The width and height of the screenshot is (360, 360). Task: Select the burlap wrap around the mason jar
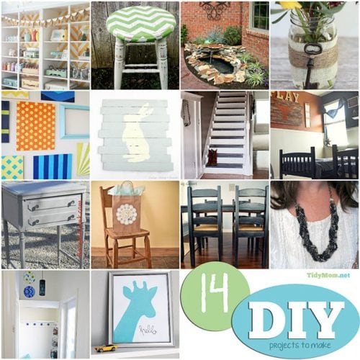click(315, 51)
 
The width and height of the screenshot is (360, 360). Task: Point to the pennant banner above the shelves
click(43, 17)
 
